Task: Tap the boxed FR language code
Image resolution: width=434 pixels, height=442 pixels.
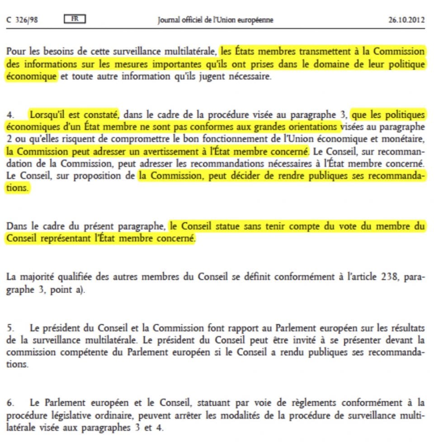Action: tap(75, 19)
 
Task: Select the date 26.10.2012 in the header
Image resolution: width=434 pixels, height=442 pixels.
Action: tap(406, 20)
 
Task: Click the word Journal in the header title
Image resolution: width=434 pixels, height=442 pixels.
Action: tap(169, 20)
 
